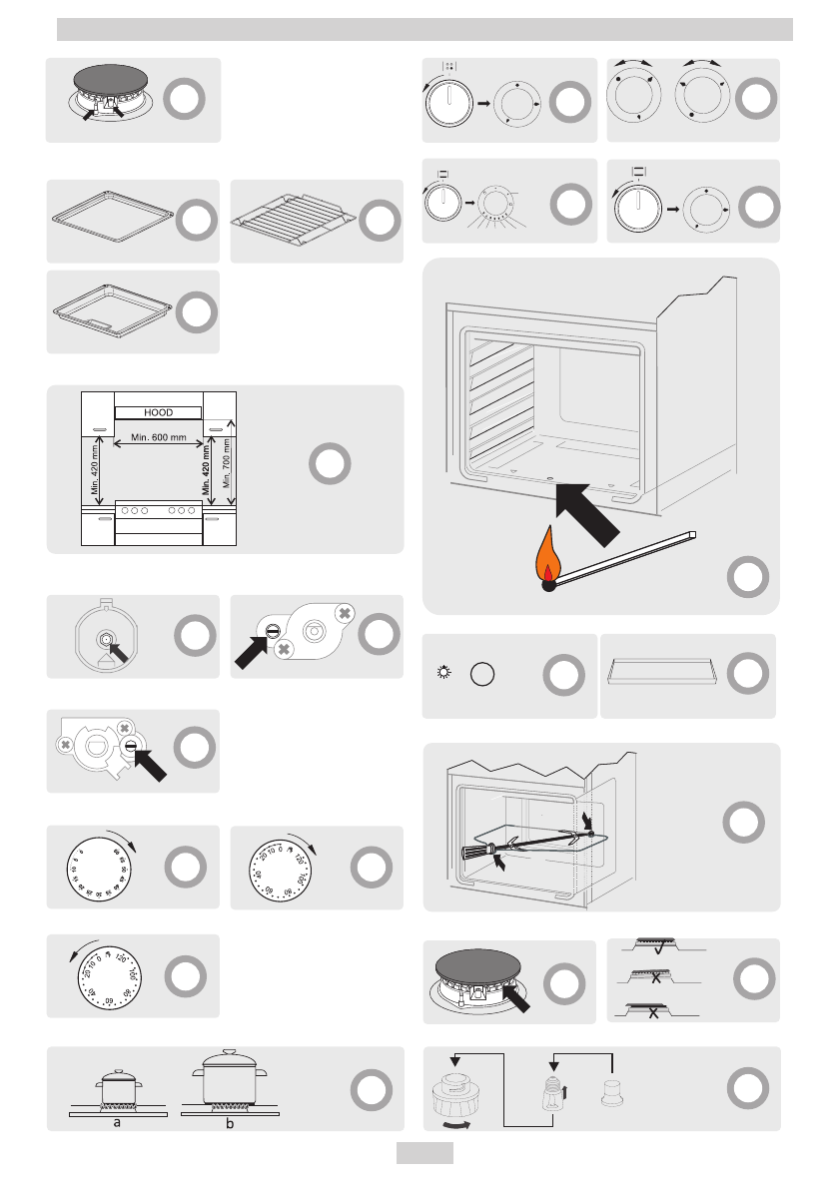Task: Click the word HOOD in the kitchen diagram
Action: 159,411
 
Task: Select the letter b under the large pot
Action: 231,1122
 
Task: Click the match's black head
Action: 548,586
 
